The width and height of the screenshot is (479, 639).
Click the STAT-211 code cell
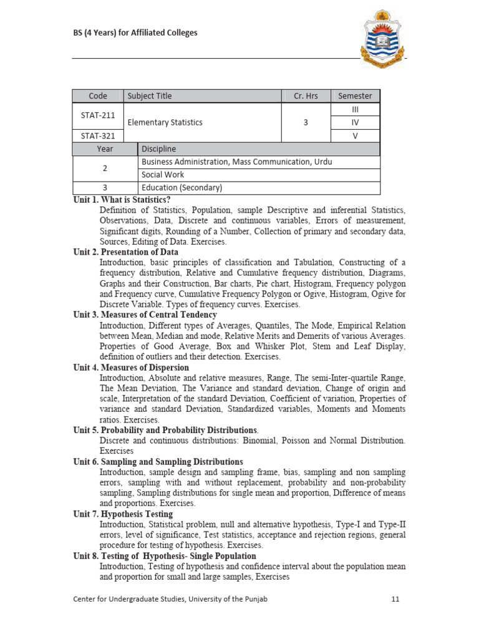98,115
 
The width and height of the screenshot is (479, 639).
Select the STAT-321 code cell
98,135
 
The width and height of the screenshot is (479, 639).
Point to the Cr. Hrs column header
306,95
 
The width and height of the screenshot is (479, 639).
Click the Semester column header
355,95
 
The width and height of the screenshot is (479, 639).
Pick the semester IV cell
355,122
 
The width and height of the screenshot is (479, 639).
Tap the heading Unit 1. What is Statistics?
122,200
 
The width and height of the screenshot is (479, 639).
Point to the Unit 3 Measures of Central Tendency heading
145,315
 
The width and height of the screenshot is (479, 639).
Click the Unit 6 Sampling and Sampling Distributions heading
158,462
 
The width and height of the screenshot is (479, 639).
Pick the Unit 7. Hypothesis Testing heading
123,514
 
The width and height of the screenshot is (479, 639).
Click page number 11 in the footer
395,599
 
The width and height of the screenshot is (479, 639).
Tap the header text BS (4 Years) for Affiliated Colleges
135,32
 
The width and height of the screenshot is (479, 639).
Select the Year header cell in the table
105,149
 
